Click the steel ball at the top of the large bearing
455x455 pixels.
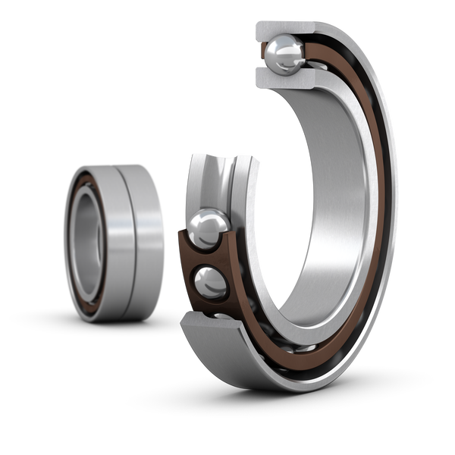285,52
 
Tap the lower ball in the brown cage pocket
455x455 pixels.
210,283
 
